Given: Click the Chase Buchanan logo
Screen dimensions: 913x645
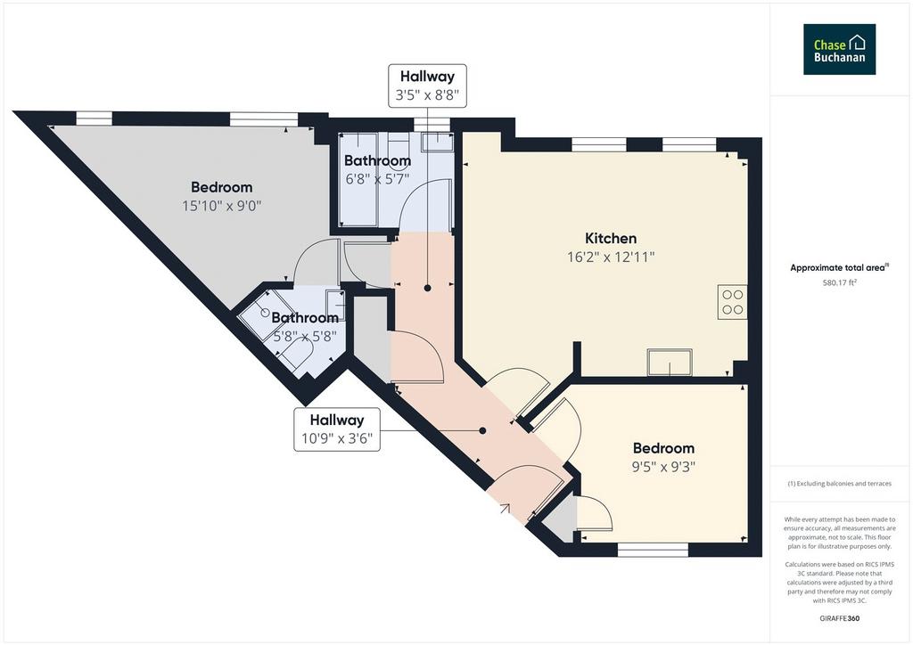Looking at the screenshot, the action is [x=839, y=49].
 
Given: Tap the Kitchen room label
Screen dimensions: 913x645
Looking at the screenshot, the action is [x=611, y=238].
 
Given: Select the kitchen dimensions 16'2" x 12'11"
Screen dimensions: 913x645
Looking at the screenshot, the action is [x=611, y=257].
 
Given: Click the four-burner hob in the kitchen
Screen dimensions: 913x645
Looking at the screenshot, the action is [x=732, y=302].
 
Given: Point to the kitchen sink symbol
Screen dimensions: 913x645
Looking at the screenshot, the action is [x=670, y=362].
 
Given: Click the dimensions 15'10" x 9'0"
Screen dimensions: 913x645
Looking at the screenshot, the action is [x=222, y=205].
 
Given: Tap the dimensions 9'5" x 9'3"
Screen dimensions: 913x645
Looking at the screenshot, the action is [x=663, y=467].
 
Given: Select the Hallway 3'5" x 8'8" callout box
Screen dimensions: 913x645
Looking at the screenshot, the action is [x=427, y=86].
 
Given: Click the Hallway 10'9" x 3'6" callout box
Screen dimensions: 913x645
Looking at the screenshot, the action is [x=336, y=429].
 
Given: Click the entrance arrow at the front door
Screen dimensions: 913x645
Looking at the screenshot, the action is [x=505, y=509].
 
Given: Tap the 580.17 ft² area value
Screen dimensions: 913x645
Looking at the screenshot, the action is [x=839, y=283].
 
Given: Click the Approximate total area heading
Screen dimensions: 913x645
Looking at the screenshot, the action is [x=839, y=267].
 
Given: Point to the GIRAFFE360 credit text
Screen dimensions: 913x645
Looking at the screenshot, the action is [x=839, y=618].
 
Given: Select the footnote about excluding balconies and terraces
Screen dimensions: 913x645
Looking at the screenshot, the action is [x=839, y=484].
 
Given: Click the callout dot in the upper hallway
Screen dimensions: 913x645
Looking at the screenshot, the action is [x=427, y=288].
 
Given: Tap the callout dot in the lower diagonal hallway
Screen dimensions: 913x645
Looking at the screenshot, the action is [x=482, y=431].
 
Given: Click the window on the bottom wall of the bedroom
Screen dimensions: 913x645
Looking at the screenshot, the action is [x=653, y=549].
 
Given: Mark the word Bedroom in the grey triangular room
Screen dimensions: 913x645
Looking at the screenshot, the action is [x=222, y=187].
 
